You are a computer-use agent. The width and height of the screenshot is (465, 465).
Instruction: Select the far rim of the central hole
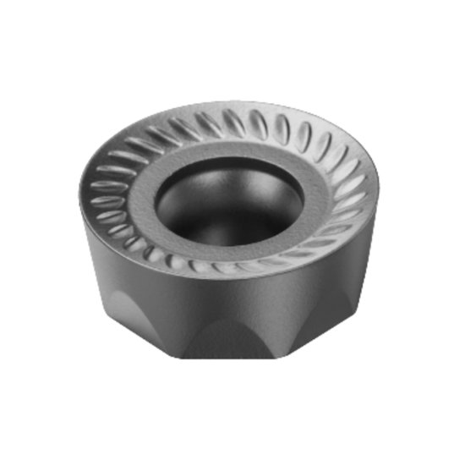pyautogui.click(x=230, y=162)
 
